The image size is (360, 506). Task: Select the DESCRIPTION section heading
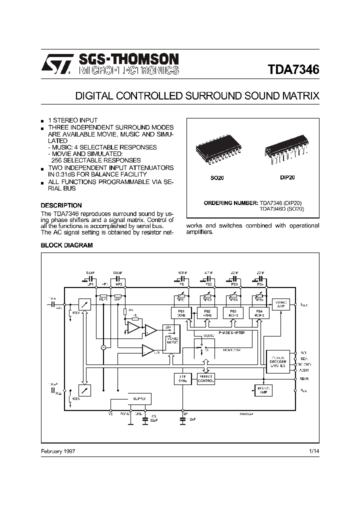(x=61, y=205)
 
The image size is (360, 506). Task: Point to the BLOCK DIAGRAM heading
(x=66, y=245)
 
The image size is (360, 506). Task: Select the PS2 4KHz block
(x=204, y=312)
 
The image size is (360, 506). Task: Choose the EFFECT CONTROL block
(x=205, y=379)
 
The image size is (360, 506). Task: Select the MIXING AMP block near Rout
(x=261, y=389)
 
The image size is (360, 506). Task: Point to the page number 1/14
(x=314, y=451)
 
